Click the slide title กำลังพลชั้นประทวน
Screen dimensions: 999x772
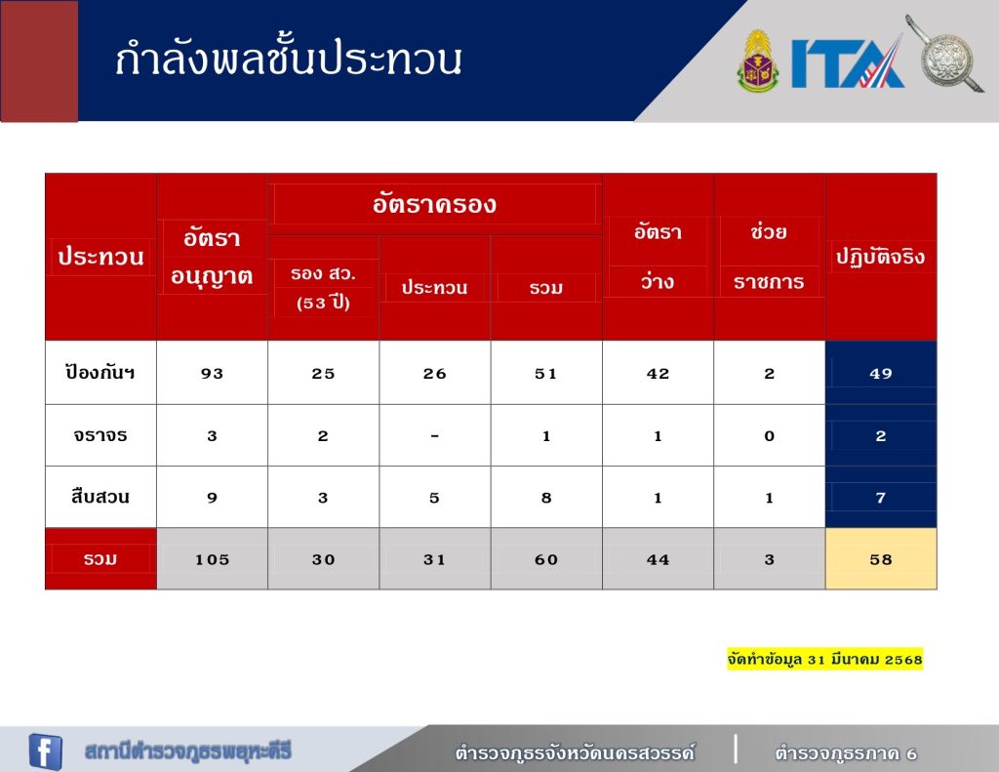coord(288,59)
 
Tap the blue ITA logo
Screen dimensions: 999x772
coord(848,61)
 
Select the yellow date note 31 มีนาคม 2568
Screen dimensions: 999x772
coord(824,659)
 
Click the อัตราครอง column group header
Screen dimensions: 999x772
coord(434,204)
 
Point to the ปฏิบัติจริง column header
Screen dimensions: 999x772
coord(881,257)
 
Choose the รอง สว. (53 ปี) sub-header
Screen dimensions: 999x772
coord(323,288)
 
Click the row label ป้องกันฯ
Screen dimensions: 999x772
coord(100,372)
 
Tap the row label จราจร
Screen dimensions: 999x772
coord(100,435)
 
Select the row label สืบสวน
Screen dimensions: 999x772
coord(100,497)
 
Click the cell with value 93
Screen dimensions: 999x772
coord(212,373)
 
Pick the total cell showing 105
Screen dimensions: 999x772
coord(212,559)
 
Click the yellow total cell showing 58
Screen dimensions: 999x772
coord(881,559)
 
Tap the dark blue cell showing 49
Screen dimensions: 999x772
coord(881,373)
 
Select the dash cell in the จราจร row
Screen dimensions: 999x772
coord(434,436)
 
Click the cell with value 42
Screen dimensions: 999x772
coord(658,373)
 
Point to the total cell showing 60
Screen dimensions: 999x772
coord(546,559)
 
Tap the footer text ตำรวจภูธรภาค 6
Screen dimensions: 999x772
coord(846,753)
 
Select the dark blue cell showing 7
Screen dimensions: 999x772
coord(881,497)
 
